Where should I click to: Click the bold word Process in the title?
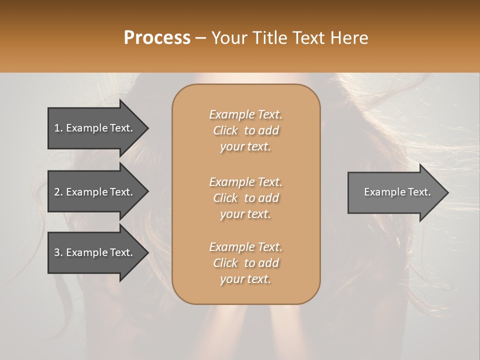coord(157,38)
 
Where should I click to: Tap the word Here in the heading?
coord(348,38)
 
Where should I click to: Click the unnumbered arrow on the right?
coord(395,192)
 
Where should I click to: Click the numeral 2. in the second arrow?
coord(58,192)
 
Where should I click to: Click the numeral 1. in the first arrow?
coord(58,128)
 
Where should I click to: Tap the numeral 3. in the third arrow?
coord(58,252)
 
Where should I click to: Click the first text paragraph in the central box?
coord(245,130)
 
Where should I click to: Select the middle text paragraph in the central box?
coord(245,197)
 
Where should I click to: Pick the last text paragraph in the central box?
coord(245,263)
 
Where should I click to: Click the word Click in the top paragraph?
coord(225,130)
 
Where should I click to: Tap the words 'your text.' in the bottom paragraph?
coord(245,279)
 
